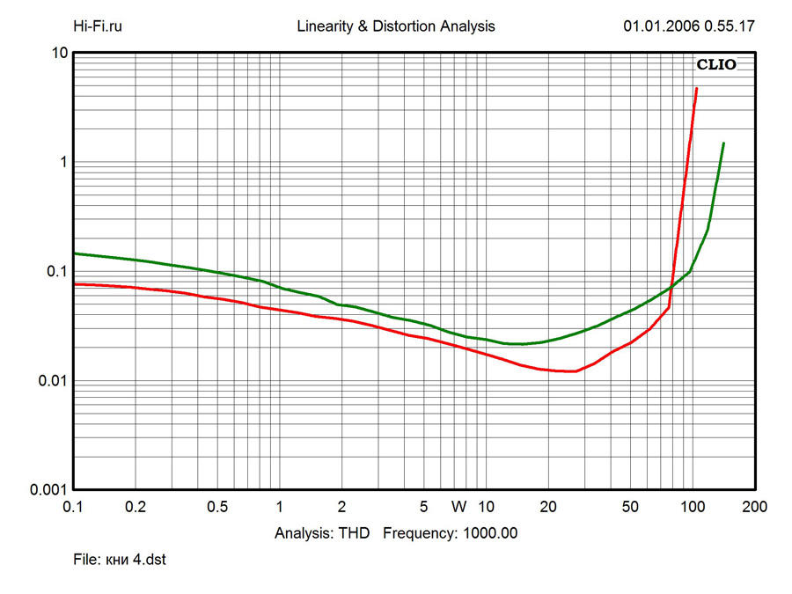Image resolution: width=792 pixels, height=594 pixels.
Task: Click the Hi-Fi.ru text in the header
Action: point(97,26)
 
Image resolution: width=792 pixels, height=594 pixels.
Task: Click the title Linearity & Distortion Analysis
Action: point(396,26)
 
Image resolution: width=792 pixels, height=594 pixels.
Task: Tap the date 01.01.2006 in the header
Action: point(660,26)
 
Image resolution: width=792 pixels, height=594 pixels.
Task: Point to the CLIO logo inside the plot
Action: point(716,64)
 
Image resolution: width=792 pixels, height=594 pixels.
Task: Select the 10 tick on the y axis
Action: point(60,53)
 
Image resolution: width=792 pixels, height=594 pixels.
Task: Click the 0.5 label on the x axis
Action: point(217,507)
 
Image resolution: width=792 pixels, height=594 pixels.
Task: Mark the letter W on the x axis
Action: point(458,507)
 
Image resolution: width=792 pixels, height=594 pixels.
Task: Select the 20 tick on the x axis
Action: point(547,507)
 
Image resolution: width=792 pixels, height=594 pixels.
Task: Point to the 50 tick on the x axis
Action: point(630,507)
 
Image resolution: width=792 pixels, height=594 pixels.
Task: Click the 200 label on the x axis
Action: point(754,507)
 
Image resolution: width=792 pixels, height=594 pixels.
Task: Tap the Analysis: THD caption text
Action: point(322,533)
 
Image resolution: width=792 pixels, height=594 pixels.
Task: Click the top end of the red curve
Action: point(697,88)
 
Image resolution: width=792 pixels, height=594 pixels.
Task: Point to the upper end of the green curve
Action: point(723,143)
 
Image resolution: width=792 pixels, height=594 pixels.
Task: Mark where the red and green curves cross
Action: point(671,287)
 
